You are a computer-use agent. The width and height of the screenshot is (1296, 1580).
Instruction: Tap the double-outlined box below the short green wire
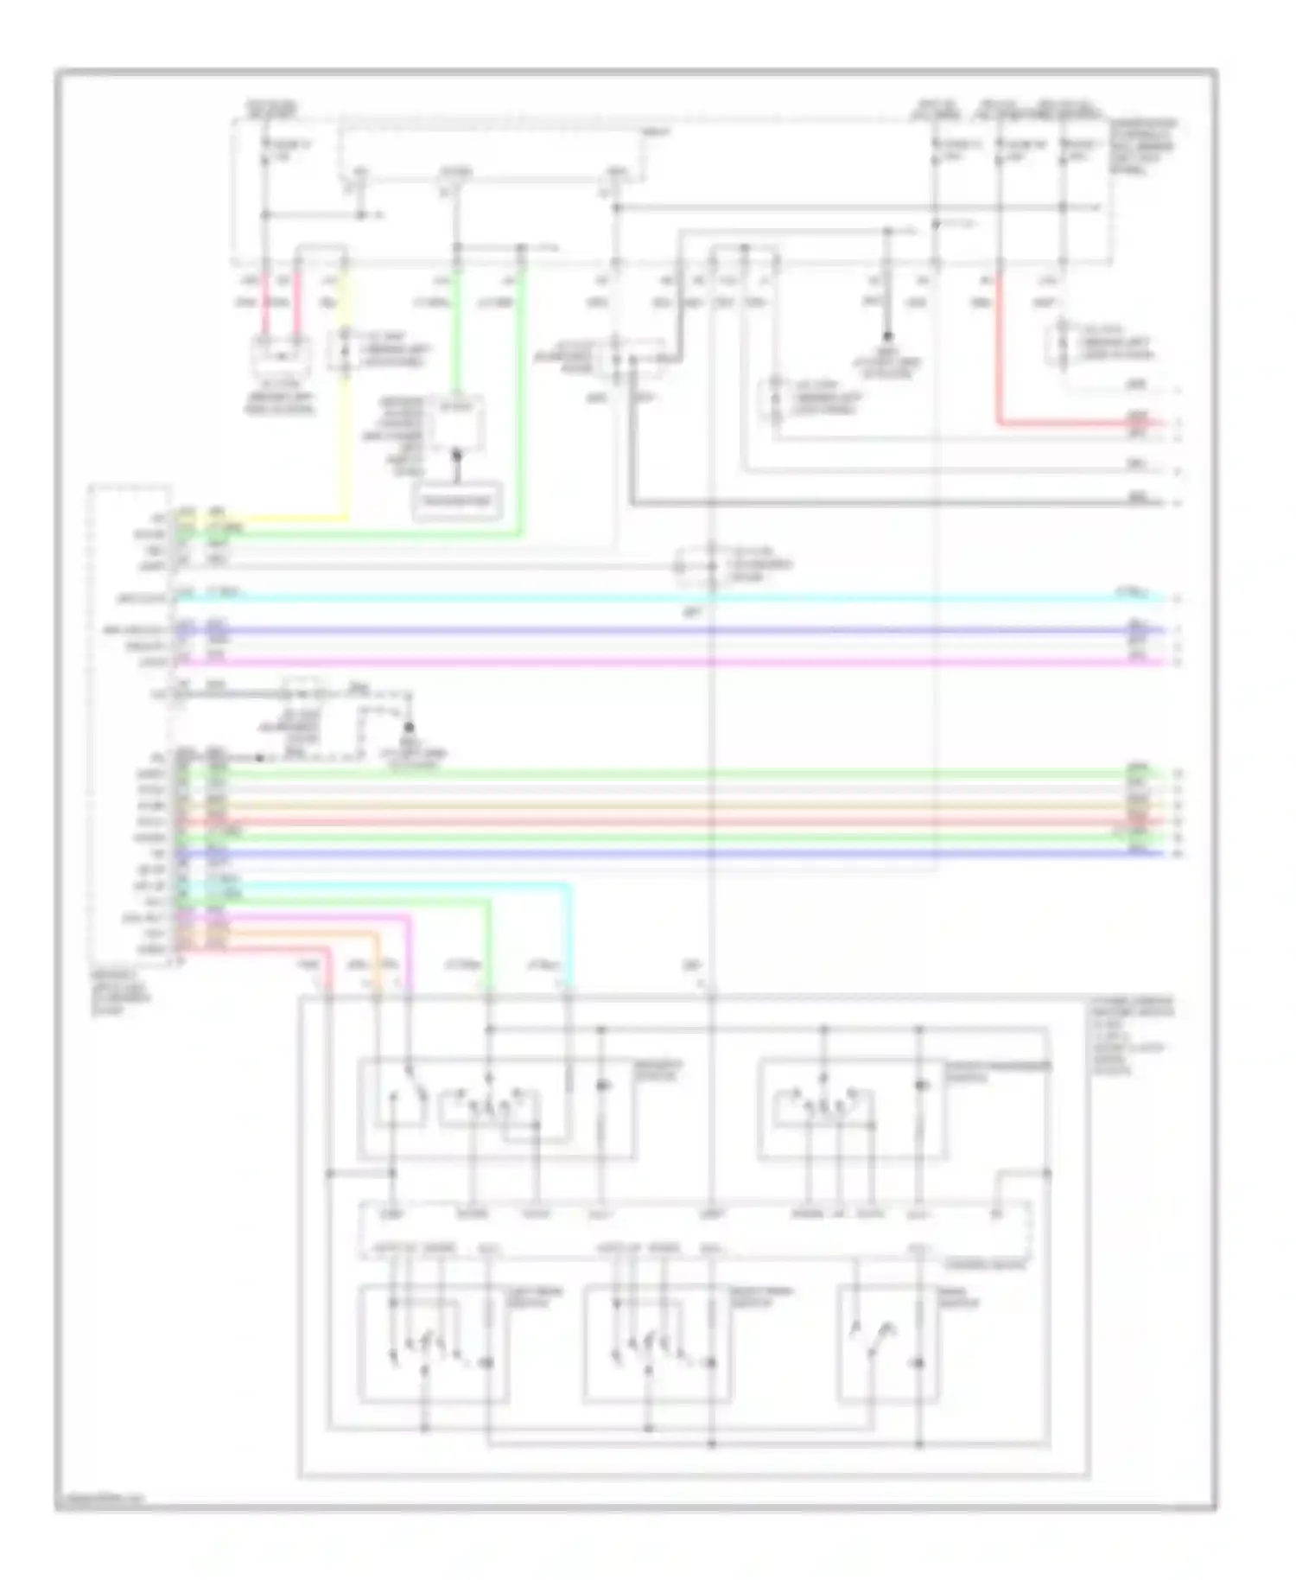click(457, 501)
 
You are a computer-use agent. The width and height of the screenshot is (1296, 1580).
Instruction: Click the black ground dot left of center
click(410, 729)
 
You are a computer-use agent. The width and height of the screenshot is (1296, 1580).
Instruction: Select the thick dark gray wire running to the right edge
click(864, 502)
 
